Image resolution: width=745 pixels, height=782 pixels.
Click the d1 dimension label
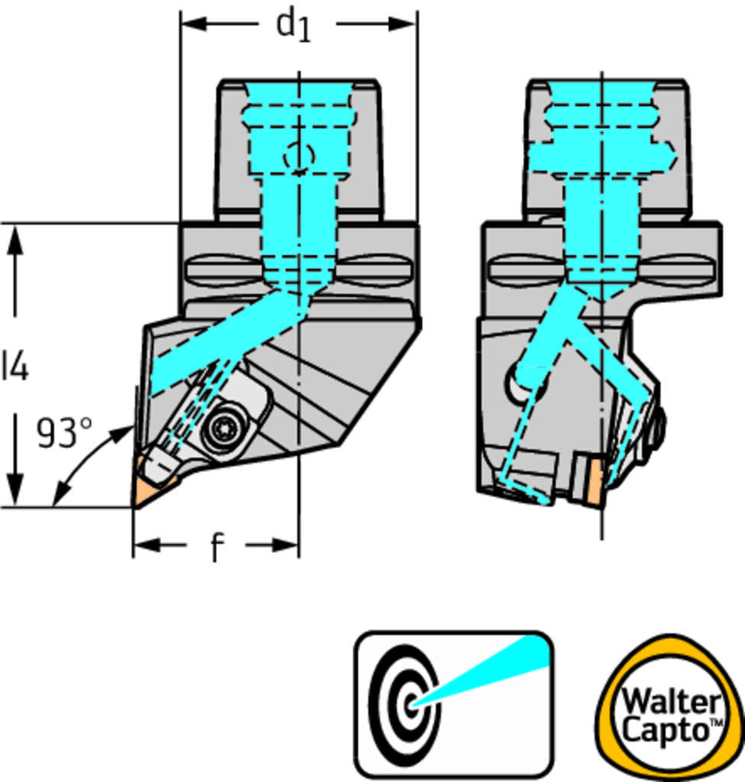coord(295,24)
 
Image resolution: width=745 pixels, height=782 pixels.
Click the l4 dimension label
coord(15,367)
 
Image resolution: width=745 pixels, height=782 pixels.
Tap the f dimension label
coord(216,548)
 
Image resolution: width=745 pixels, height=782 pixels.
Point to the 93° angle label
coord(65,433)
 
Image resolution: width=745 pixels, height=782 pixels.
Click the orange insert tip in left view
coord(145,493)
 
